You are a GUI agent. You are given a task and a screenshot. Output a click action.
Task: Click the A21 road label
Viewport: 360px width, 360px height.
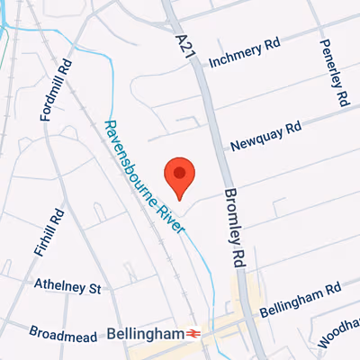click(x=182, y=41)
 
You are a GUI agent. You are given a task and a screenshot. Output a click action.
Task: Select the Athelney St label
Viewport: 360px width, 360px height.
click(x=68, y=286)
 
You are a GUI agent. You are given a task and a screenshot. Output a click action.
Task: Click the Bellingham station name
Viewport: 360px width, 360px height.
click(x=145, y=333)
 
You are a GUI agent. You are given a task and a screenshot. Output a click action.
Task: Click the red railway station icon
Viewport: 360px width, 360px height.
click(x=193, y=334)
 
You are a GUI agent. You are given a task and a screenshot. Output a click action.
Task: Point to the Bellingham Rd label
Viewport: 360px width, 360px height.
click(x=301, y=300)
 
